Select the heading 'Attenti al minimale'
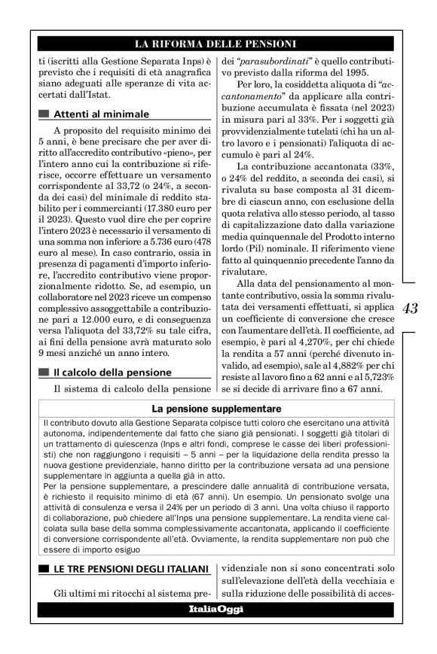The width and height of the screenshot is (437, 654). [100, 114]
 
